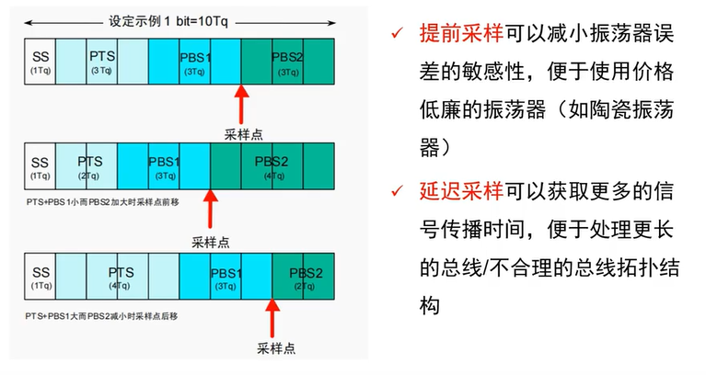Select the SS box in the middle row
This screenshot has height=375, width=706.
coord(40,166)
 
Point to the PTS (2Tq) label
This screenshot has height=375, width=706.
coord(89,166)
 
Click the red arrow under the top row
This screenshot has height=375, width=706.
coord(241,104)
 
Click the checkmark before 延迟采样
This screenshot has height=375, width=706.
coord(396,192)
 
